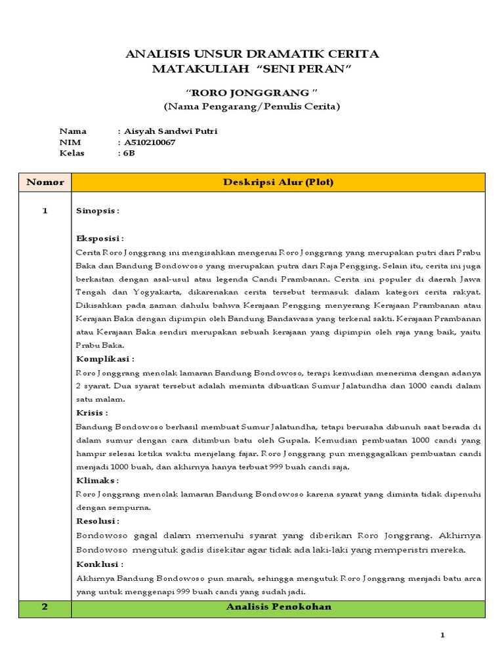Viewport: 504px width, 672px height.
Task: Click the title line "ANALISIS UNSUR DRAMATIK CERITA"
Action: coord(252,54)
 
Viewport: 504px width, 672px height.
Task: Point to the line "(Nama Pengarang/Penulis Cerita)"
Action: coord(252,106)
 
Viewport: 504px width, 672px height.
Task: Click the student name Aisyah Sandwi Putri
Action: coord(171,131)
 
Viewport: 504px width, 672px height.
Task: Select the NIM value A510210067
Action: coord(150,142)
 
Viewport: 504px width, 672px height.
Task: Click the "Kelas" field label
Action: coord(72,154)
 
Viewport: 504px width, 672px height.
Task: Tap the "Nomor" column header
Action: coord(45,182)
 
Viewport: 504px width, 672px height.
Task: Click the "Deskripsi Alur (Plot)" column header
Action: coord(278,182)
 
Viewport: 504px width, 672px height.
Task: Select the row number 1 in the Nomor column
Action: coord(45,211)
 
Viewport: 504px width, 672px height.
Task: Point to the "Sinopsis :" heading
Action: coord(98,211)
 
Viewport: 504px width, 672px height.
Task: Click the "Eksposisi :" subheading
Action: coord(100,238)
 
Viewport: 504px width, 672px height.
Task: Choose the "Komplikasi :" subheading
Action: coord(105,359)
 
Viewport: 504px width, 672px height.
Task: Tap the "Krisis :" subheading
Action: coord(93,413)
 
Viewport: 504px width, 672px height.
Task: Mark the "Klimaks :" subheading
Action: coord(98,480)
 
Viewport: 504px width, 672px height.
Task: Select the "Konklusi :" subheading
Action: coord(100,564)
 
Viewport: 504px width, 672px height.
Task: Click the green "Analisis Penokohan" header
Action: coord(278,607)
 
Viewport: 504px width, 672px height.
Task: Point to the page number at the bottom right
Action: coord(442,635)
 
